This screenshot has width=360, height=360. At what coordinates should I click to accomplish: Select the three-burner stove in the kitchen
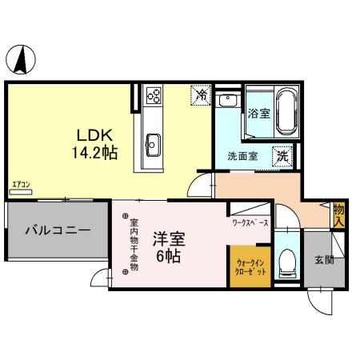[154, 98]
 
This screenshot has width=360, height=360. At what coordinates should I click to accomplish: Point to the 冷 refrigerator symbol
[201, 95]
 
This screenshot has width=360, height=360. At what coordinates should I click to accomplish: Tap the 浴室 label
[258, 114]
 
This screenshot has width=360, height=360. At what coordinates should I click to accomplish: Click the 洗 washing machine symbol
[282, 157]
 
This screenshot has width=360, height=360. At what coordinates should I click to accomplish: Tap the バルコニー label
[57, 230]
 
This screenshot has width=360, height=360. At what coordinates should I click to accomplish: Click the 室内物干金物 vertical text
[134, 243]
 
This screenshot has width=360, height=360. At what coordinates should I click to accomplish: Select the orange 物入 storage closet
[339, 214]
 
